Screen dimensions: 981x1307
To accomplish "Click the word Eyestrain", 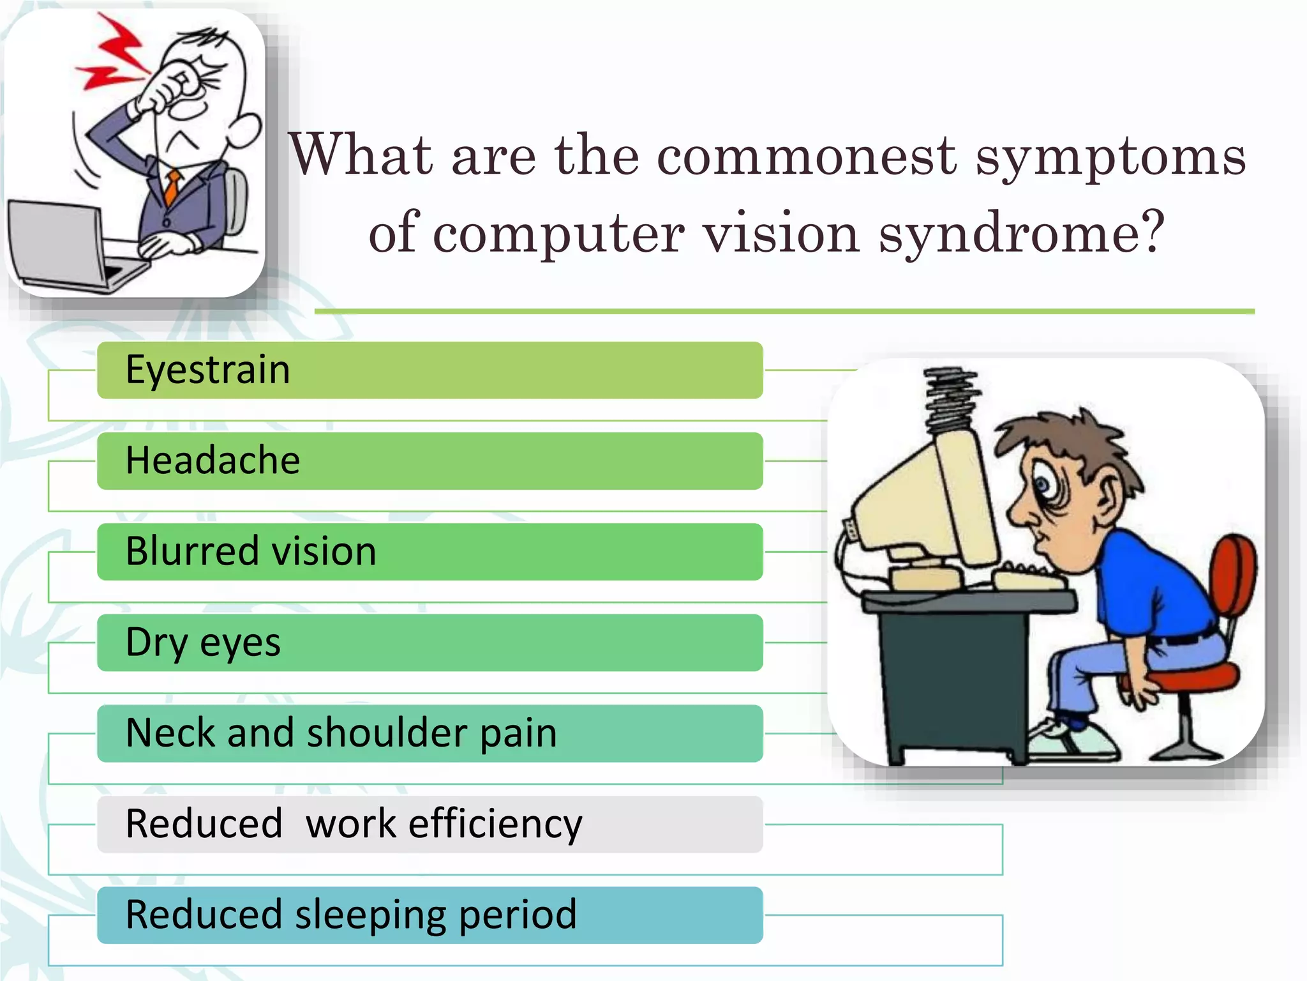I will [x=208, y=370].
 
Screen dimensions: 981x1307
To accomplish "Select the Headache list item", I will [x=213, y=461].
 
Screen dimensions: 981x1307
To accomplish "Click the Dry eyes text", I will [x=203, y=643].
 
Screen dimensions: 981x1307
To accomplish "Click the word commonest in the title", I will [x=807, y=156].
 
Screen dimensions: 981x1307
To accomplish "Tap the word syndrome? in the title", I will [x=1021, y=234].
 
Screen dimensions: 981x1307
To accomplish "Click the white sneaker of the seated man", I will [x=1072, y=741].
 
